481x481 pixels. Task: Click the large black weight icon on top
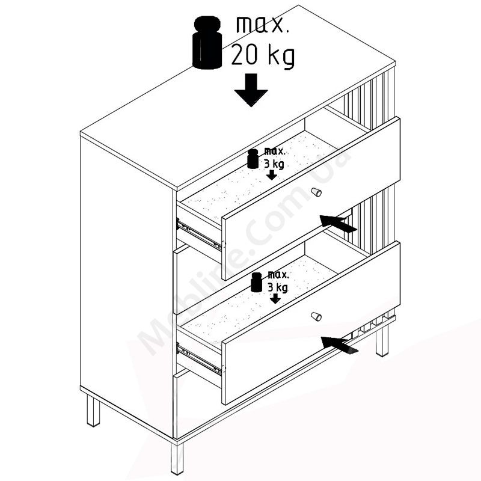coord(207,42)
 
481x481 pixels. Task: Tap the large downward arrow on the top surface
coord(251,90)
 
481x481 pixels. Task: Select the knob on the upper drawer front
coord(316,192)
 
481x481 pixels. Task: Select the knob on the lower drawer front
coord(316,316)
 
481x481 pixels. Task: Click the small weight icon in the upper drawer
coord(253,159)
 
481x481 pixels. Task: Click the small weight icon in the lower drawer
coord(256,282)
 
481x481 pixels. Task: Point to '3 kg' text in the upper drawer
coord(274,164)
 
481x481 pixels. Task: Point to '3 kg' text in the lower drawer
coord(278,287)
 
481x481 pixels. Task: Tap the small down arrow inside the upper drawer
coord(272,175)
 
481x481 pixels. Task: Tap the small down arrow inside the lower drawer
coord(275,298)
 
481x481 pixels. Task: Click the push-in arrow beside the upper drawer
coord(338,223)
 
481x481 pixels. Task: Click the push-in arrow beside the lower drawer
coord(339,345)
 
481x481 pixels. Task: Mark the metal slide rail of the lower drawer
coord(199,359)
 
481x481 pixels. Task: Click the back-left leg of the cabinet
coord(93,411)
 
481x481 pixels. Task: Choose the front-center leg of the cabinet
coord(177,458)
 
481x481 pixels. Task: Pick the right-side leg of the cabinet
coord(382,341)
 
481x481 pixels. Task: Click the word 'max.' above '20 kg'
coord(263,25)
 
